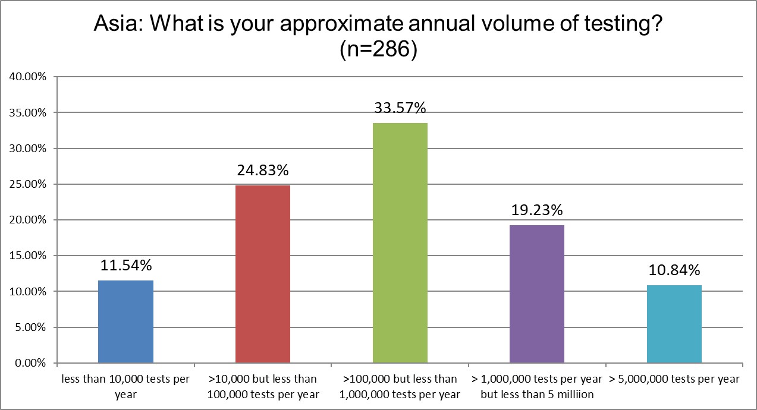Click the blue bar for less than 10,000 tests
125,321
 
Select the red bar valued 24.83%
263,274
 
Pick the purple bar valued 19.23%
537,294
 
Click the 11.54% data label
125,266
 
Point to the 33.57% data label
400,108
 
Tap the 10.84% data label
674,270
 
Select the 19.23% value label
537,210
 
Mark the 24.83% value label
263,171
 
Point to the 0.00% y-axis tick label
29,363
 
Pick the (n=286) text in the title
378,49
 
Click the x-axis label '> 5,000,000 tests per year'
674,379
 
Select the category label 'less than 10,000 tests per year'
125,386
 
